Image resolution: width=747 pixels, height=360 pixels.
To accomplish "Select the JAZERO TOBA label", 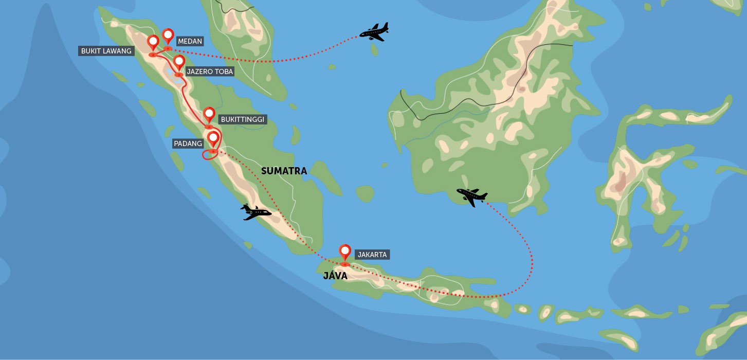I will [210, 72].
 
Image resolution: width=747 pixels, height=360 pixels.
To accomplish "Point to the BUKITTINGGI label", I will [242, 119].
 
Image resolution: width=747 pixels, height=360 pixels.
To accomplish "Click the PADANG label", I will [188, 143].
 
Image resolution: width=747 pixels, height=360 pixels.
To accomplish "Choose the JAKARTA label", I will [372, 254].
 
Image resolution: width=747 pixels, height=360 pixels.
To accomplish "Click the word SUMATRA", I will [284, 171].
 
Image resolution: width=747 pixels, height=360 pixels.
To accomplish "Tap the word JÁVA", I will [335, 276].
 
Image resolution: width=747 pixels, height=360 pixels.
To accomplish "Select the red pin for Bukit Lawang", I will [153, 42].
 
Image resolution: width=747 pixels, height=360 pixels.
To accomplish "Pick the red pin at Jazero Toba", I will [178, 62].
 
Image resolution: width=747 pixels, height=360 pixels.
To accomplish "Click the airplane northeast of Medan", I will [374, 32].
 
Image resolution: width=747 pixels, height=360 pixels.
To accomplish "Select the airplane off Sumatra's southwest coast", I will [256, 212].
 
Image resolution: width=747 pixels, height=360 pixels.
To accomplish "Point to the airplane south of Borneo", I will [472, 196].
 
